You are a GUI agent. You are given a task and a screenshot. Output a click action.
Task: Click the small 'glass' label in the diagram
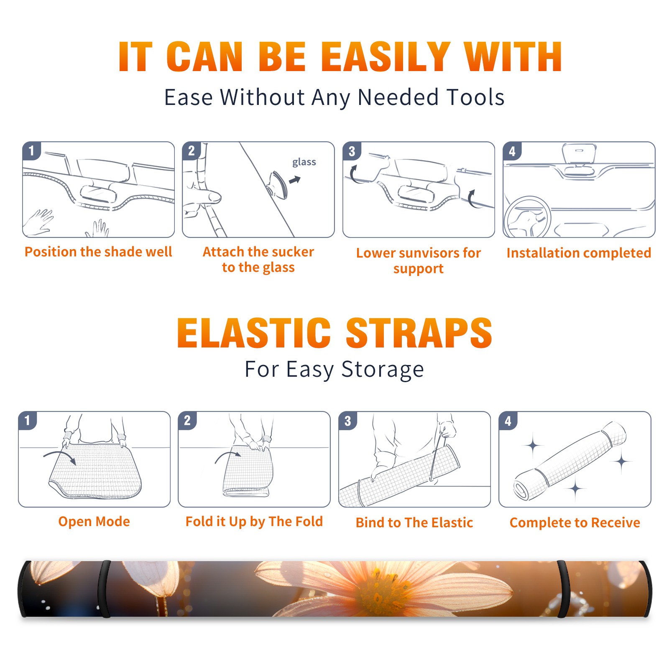click(304, 162)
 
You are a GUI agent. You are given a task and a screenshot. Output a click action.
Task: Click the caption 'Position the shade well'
click(98, 252)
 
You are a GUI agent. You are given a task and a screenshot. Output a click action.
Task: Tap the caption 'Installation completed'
click(579, 253)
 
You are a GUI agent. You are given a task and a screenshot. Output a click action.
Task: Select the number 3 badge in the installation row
click(352, 151)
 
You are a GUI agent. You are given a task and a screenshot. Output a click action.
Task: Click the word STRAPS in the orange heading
click(419, 333)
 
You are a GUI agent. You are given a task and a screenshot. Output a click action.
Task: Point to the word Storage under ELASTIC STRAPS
click(383, 370)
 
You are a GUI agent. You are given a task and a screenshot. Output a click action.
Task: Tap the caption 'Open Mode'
click(94, 521)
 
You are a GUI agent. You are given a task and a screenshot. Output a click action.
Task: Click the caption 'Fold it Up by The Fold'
click(254, 521)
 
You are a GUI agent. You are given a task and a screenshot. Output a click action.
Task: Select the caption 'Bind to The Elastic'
click(414, 523)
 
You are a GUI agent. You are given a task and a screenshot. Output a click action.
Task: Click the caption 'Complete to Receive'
click(575, 523)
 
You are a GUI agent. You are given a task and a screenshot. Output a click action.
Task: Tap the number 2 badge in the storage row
click(187, 420)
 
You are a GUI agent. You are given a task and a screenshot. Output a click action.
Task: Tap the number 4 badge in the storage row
click(508, 421)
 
